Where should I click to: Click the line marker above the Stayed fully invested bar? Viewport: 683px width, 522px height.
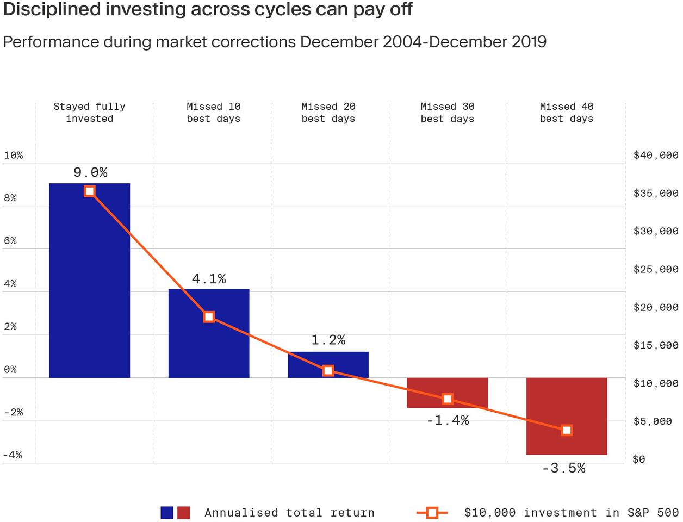(x=90, y=191)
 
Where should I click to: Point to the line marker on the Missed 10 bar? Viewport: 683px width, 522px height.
(x=209, y=317)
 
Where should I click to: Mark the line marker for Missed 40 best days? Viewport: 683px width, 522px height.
(x=566, y=430)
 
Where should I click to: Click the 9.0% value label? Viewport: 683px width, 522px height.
(x=90, y=172)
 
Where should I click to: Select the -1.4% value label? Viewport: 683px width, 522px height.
(x=447, y=420)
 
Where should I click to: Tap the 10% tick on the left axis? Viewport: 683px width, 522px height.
(x=14, y=155)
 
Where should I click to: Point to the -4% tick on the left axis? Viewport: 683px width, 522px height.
(x=13, y=455)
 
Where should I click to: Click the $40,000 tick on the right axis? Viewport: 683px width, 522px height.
(x=656, y=155)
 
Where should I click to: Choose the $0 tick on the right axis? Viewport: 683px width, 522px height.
(x=639, y=459)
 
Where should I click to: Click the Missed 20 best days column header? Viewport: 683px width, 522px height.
(x=328, y=113)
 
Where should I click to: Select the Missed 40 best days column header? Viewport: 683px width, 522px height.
(x=566, y=113)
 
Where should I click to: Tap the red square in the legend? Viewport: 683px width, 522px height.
(x=184, y=512)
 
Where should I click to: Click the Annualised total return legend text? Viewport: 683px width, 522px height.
(x=289, y=512)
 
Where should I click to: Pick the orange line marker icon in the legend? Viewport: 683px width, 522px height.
(x=432, y=512)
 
